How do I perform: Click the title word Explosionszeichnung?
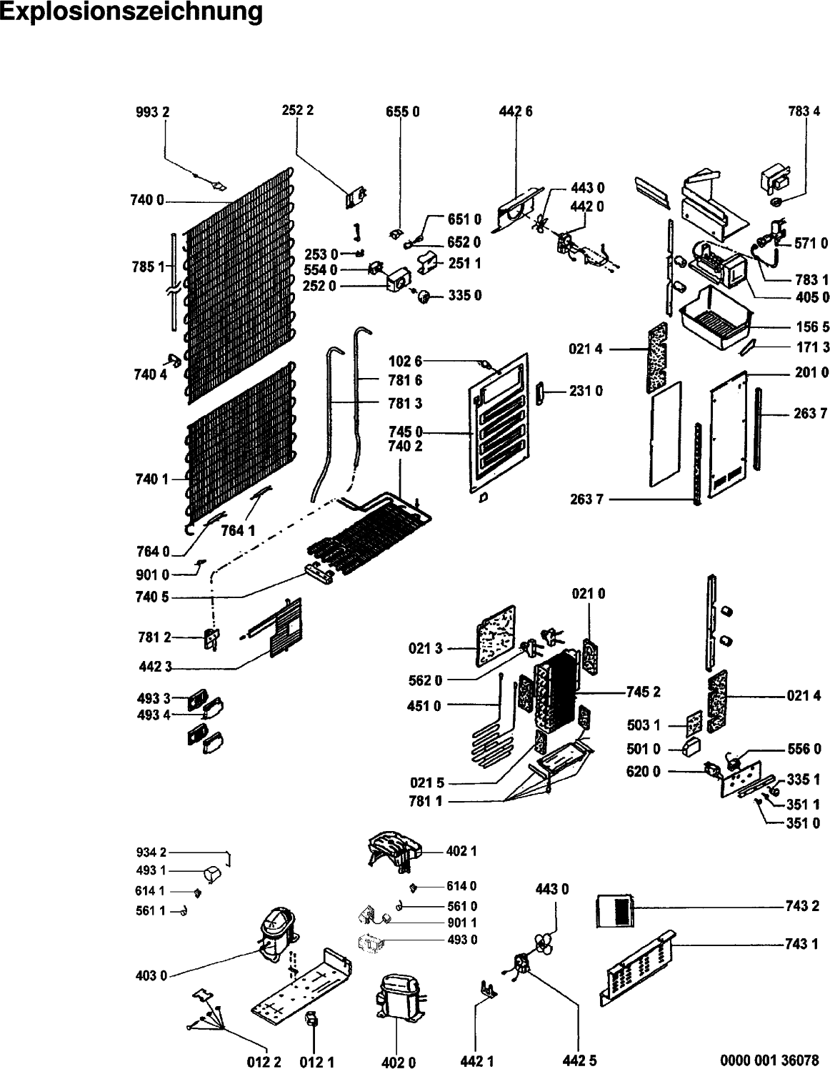[x=131, y=12]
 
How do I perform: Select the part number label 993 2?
[x=153, y=111]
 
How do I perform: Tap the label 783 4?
[x=804, y=111]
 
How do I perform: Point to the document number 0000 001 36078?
[x=769, y=1060]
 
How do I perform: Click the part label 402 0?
[x=399, y=1062]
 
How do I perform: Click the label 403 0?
[x=151, y=975]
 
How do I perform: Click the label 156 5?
[x=811, y=327]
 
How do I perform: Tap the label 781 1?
[x=426, y=802]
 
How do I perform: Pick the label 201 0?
[x=811, y=372]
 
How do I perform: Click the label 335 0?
[x=464, y=296]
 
